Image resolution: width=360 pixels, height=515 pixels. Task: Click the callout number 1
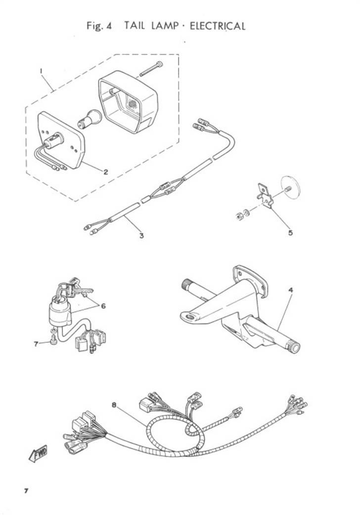41,71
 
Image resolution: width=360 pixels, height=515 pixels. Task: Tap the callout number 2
106,172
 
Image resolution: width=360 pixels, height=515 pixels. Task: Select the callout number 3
141,235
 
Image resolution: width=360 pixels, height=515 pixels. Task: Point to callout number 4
291,290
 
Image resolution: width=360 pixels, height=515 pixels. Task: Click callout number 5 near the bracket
290,233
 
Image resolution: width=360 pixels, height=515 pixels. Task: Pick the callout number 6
103,306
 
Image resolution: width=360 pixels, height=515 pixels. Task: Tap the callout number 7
36,344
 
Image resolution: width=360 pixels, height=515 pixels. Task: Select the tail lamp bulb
88,119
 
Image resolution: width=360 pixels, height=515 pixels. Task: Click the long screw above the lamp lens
152,69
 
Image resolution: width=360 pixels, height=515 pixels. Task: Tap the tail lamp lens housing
129,102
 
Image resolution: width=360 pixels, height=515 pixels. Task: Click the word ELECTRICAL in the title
218,26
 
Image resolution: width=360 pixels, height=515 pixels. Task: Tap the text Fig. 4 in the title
99,26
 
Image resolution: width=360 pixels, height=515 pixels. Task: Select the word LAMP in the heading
165,26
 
